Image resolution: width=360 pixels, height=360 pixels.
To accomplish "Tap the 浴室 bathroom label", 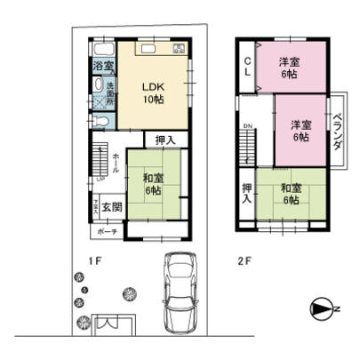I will (x=103, y=67).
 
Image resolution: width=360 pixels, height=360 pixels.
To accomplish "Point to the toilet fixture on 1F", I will (x=100, y=122).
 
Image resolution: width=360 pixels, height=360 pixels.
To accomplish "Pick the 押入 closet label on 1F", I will (x=165, y=140).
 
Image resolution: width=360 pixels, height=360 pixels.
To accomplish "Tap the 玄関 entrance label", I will (x=111, y=208).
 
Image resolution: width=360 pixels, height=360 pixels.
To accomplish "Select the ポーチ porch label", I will (x=107, y=229).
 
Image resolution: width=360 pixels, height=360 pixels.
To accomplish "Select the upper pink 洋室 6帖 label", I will (x=287, y=68).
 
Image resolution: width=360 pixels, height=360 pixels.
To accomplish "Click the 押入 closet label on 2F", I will (x=246, y=194).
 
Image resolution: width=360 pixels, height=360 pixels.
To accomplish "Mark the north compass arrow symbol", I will (x=322, y=308).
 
